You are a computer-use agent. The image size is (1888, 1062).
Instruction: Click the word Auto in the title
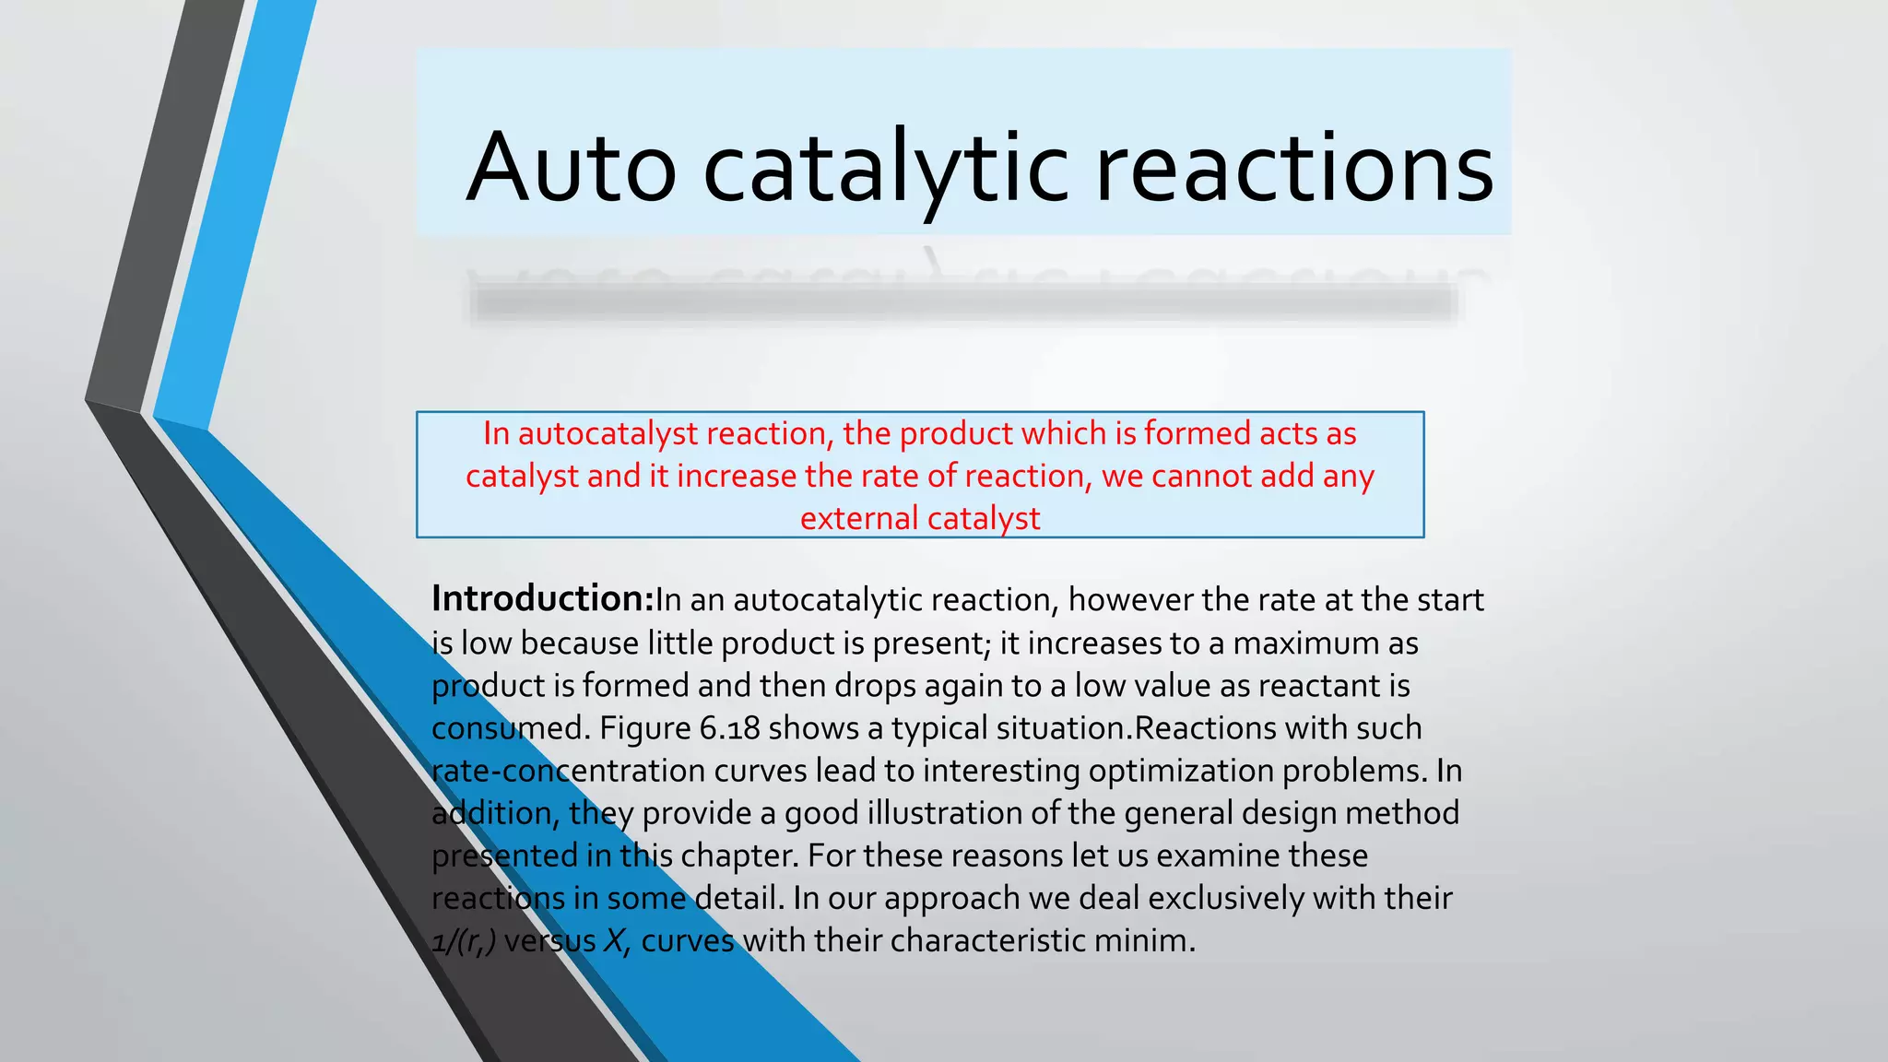tap(572, 168)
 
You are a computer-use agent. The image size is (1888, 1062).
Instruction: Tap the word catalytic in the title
tap(886, 168)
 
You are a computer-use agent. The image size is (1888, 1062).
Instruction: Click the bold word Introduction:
tap(543, 599)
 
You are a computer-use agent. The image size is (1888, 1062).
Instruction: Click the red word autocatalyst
tap(608, 433)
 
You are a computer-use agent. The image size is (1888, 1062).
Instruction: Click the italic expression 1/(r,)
tap(464, 941)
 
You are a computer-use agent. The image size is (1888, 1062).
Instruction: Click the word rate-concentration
tap(569, 771)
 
